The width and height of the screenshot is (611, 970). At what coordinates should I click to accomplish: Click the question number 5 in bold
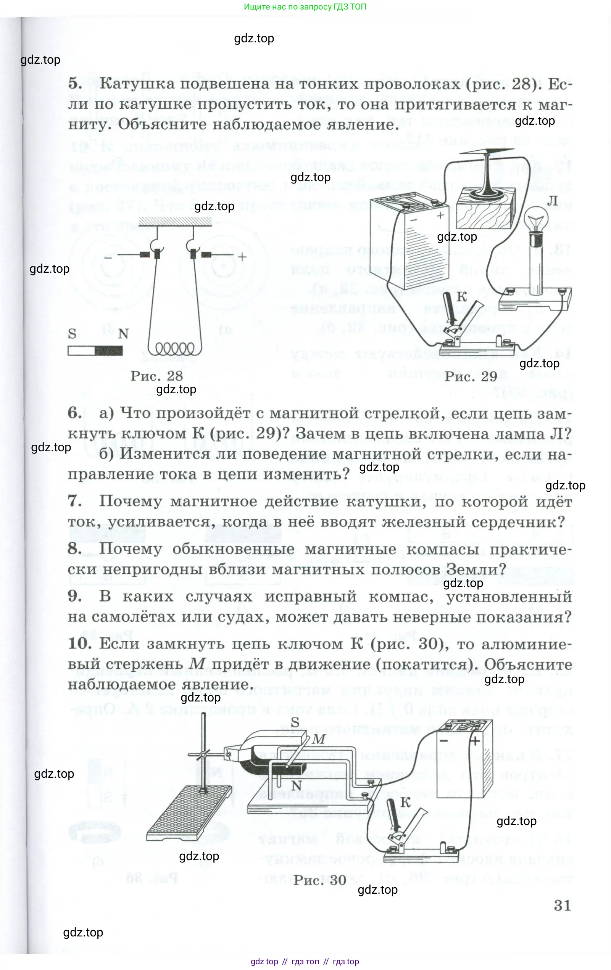[x=75, y=84]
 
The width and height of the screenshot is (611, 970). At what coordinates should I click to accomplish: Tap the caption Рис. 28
[x=156, y=376]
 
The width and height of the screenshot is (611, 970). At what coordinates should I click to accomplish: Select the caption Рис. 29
[x=471, y=376]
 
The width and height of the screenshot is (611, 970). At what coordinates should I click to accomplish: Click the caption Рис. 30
[x=319, y=880]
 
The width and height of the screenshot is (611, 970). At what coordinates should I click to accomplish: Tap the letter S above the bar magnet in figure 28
[x=72, y=333]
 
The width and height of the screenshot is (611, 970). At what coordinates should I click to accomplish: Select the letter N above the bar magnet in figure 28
[x=123, y=334]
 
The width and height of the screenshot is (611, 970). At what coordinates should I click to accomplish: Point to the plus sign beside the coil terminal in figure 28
[x=242, y=257]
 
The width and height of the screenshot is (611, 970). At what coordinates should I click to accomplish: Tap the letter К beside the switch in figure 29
[x=462, y=297]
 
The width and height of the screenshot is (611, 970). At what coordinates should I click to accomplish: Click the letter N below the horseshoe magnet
[x=296, y=785]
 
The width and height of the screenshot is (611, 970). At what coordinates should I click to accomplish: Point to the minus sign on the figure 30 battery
[x=444, y=741]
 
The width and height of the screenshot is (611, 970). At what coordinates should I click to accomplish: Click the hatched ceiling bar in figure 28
[x=175, y=222]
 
